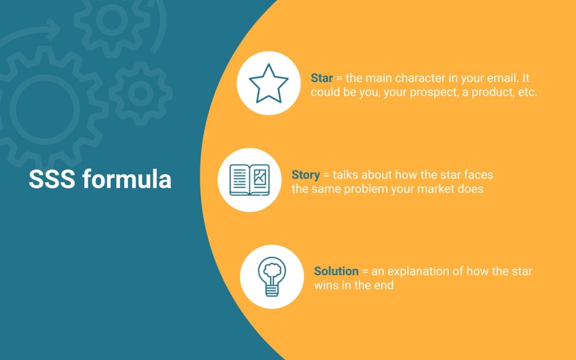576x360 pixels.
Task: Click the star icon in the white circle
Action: (268, 84)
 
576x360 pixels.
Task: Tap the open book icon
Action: (249, 180)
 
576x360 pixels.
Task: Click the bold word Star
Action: (322, 78)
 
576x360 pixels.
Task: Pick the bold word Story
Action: (305, 175)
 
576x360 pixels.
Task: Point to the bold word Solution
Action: (336, 271)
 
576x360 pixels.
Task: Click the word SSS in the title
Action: (52, 179)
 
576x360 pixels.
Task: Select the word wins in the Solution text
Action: (326, 285)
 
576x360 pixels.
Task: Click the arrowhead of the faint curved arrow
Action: (53, 29)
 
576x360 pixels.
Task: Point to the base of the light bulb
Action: (272, 291)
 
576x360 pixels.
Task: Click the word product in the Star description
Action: (493, 93)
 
